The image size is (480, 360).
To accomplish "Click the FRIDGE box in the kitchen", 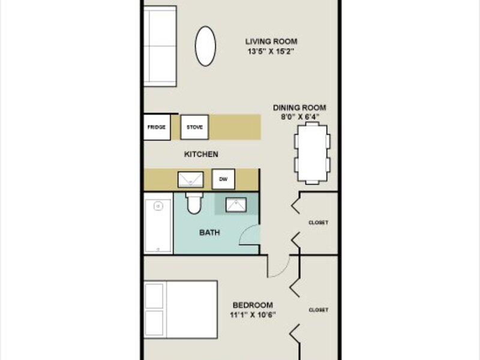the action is [x=157, y=127].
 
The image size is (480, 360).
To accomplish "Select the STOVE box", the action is [x=194, y=127].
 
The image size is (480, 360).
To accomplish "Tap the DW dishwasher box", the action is [x=223, y=179].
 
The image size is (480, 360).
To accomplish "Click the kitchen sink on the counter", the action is [x=190, y=179].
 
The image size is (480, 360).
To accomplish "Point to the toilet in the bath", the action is [x=194, y=203].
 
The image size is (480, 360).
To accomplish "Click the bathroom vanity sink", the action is [x=236, y=205].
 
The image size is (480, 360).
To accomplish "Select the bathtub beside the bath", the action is [x=158, y=226].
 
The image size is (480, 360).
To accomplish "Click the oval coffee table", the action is [x=205, y=46].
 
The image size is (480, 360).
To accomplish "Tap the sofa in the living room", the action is [x=160, y=46].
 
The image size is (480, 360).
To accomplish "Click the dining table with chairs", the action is [x=312, y=153].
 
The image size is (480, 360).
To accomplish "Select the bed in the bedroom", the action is [x=181, y=309].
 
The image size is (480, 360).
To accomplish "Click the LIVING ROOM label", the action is [x=271, y=41].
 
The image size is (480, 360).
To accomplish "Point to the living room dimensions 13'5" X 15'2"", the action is [x=271, y=52].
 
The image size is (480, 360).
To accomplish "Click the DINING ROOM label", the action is [x=299, y=108].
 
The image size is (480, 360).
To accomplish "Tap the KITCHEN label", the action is [x=201, y=154].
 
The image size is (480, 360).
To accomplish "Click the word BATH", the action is [x=209, y=233].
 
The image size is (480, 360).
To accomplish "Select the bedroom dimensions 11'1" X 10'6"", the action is [x=253, y=314].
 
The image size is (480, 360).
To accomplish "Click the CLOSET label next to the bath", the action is [x=319, y=223].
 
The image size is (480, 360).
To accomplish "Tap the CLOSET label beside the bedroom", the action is [x=319, y=310].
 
